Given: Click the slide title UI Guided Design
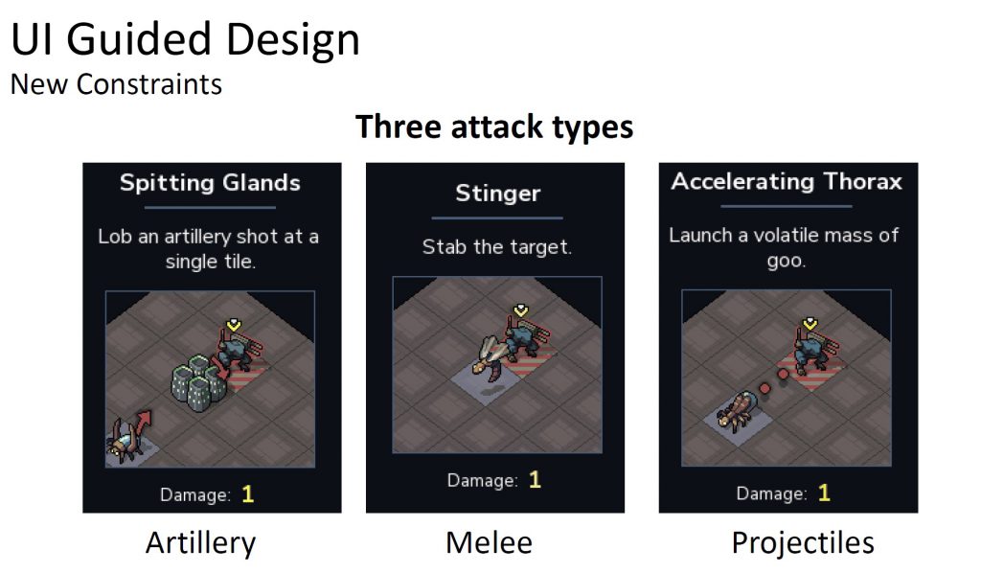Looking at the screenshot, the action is click(x=185, y=38).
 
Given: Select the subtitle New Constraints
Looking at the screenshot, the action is click(x=116, y=84).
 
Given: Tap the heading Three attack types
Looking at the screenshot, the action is click(x=494, y=127).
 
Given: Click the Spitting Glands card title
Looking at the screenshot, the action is click(x=210, y=183).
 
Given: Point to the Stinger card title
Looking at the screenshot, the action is click(x=497, y=194).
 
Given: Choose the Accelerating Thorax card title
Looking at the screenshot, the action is click(x=787, y=181).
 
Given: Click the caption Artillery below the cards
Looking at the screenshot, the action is click(x=201, y=542).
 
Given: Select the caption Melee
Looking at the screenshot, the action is click(x=489, y=542).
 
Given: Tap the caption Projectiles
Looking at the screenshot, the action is click(x=803, y=542).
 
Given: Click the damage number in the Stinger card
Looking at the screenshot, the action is click(x=535, y=480).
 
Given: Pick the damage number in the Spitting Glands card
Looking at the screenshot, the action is click(x=248, y=494).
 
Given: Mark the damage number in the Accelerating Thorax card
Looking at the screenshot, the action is click(x=824, y=493).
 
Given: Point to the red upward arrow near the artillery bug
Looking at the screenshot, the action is click(x=144, y=424).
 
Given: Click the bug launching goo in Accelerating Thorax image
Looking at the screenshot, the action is click(x=736, y=410).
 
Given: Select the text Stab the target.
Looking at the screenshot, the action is click(x=497, y=247).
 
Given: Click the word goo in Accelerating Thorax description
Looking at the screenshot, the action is click(x=786, y=261).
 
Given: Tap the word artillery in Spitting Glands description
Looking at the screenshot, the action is click(x=197, y=237).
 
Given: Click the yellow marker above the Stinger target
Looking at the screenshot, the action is click(x=521, y=310).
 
